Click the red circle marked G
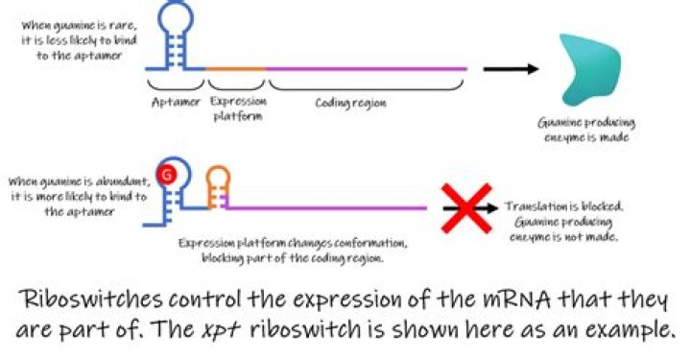(168, 175)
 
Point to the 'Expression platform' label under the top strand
(236, 108)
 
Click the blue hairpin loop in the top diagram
(179, 21)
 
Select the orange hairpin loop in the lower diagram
(219, 177)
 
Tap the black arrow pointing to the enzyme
(509, 69)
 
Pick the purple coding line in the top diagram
(365, 69)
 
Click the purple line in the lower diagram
(326, 207)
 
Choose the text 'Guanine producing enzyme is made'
(587, 132)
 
